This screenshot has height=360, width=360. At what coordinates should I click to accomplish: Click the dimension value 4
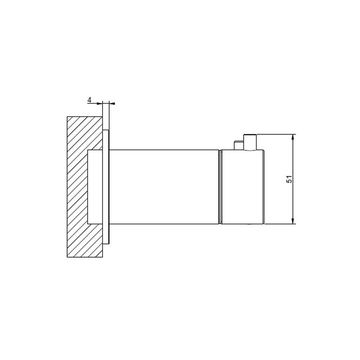[x=89, y=100]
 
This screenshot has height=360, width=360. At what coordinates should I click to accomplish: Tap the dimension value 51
[x=289, y=179]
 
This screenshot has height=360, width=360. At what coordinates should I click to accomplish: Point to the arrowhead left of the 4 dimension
[x=100, y=103]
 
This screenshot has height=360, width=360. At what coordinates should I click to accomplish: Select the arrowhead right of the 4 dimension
[x=112, y=103]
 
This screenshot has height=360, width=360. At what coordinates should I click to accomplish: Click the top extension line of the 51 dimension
[x=275, y=135]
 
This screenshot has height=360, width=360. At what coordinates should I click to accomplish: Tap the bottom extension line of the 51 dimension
[x=280, y=224]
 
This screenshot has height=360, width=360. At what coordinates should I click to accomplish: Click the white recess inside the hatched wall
[x=95, y=186]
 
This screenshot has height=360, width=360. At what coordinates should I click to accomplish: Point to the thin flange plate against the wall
[x=106, y=186]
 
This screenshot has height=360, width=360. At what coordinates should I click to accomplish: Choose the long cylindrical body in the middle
[x=165, y=186]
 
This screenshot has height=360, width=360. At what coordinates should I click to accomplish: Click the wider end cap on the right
[x=242, y=186]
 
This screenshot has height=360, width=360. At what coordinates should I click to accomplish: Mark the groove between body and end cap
[x=220, y=186]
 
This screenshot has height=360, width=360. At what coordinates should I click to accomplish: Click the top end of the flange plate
[x=106, y=132]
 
